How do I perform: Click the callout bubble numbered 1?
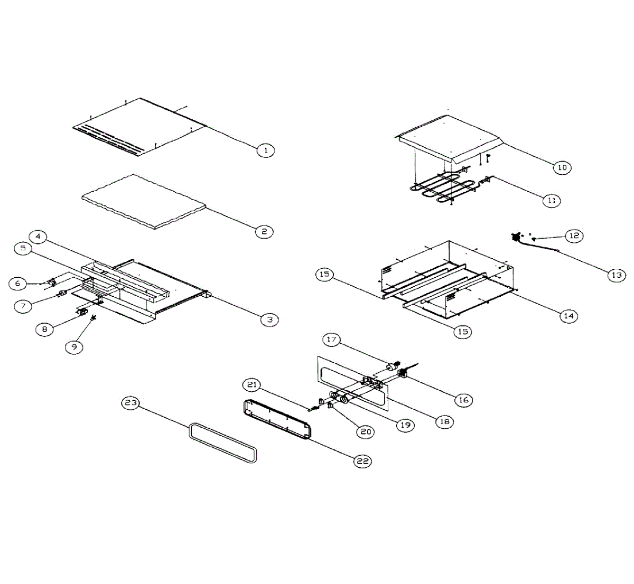point(266,150)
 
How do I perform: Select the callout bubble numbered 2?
point(264,231)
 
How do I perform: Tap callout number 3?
point(269,319)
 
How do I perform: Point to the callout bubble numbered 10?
point(562,167)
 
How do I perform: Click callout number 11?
point(551,201)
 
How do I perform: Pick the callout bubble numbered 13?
point(616,275)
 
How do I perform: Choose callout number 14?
point(568,316)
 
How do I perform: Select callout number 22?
point(362,461)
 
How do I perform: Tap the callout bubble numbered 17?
point(332,340)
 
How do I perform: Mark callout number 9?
point(74,347)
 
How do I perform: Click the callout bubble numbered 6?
point(18,284)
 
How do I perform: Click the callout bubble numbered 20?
point(365,431)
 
